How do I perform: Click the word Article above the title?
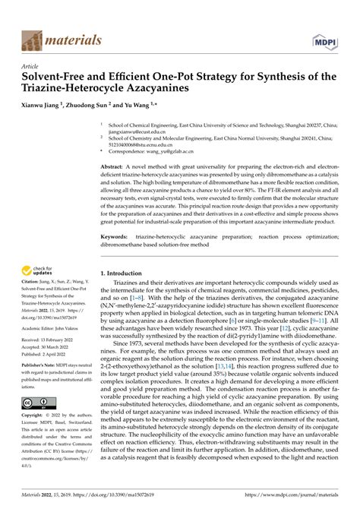[x=33, y=66]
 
